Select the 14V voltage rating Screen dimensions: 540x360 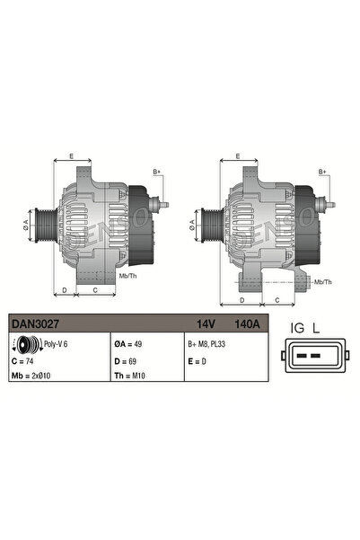(206, 323)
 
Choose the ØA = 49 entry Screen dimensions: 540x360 (129, 342)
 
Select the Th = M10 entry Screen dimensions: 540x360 (131, 375)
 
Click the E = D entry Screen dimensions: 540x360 (197, 359)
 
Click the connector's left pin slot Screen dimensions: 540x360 (303, 357)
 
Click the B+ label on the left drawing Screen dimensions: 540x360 (157, 171)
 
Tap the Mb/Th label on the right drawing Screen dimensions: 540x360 (322, 281)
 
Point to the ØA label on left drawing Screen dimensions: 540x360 (26, 226)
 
